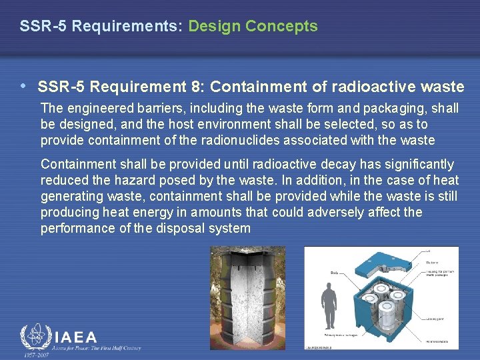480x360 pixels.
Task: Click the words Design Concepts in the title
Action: (253, 27)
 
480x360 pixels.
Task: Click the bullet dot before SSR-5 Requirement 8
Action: (24, 86)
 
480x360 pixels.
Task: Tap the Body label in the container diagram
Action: (335, 272)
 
